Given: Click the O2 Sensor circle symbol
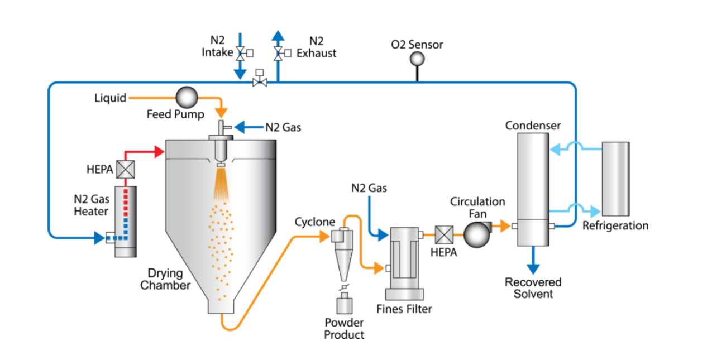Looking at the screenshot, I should tap(417, 59).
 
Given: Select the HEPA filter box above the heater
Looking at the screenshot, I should tap(125, 169).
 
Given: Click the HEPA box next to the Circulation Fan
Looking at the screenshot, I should tap(445, 234).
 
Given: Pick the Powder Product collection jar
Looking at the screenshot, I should tap(345, 305).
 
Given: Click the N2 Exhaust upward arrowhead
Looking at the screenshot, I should tap(278, 36).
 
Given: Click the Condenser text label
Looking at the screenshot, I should tap(533, 126).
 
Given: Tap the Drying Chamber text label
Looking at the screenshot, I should tap(165, 279).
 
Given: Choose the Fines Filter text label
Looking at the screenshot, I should tap(404, 309).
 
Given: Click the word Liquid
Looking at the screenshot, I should tap(110, 98).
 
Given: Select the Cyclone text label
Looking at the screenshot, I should tap(315, 222).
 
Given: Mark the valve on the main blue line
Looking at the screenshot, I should tap(260, 81).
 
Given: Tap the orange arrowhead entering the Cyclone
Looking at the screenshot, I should tap(324, 237).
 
